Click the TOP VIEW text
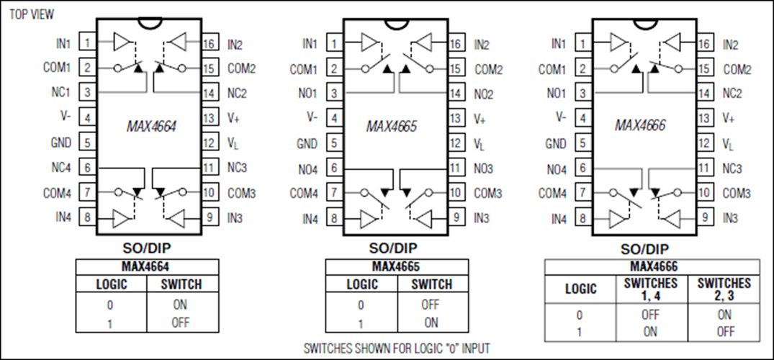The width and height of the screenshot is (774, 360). [32, 14]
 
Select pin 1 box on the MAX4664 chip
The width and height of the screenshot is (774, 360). [88, 42]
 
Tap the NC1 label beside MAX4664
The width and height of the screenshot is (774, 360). [61, 92]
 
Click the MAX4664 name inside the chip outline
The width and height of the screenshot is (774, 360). [151, 127]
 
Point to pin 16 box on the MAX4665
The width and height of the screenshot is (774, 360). [456, 44]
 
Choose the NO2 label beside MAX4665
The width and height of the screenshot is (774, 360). [484, 94]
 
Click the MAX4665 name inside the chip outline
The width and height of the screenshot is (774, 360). [392, 127]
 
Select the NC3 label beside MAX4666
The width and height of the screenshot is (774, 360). [732, 168]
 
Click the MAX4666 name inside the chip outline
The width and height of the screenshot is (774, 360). [640, 125]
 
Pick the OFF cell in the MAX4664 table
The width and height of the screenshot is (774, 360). [180, 323]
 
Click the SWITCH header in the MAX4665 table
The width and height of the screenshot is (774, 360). [431, 284]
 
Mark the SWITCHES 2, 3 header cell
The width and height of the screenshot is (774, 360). [724, 289]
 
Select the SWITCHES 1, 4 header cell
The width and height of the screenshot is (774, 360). [651, 289]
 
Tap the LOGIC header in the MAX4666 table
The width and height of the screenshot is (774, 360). [580, 289]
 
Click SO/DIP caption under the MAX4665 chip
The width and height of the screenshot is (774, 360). [393, 248]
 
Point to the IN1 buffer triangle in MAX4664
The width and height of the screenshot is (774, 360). [121, 42]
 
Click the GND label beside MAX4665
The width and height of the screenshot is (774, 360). [307, 144]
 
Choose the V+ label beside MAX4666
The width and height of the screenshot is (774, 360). [729, 118]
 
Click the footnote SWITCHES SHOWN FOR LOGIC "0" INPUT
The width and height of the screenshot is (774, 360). [397, 348]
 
